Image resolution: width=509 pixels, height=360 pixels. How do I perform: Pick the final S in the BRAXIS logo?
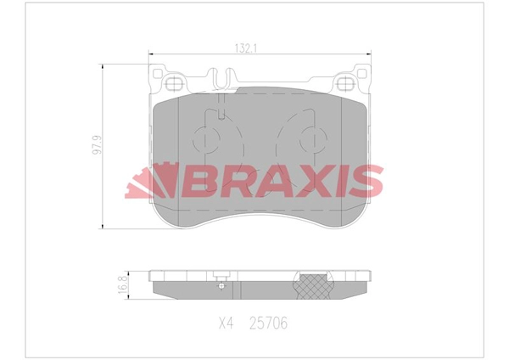[366, 182]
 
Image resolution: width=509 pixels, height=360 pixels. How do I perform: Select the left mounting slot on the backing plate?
[176, 83]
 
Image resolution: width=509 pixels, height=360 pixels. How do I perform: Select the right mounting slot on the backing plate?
[347, 83]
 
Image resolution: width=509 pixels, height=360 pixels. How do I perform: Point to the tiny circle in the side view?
[221, 285]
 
